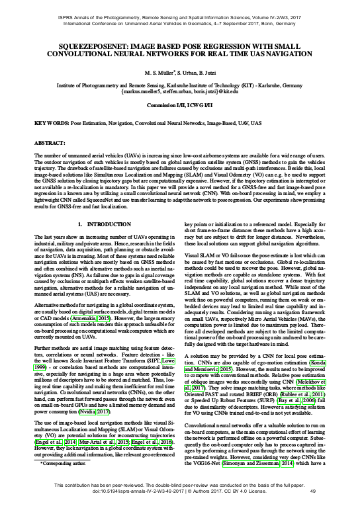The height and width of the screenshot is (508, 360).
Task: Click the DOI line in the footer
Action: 179,493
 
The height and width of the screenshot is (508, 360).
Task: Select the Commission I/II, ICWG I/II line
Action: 179,105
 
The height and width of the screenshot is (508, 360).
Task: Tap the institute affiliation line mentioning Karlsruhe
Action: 179,85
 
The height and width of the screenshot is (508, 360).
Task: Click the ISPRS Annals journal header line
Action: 179,6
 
